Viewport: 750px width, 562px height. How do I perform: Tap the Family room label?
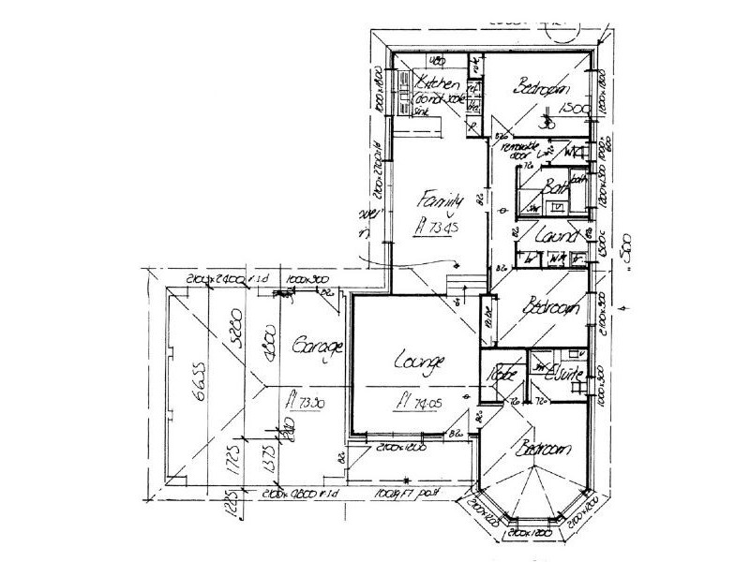click(x=442, y=200)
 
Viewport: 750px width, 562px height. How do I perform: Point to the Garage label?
click(x=310, y=346)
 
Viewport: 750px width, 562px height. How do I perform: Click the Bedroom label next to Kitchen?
click(x=543, y=88)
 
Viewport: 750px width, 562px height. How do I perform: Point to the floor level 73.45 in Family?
click(x=437, y=227)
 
